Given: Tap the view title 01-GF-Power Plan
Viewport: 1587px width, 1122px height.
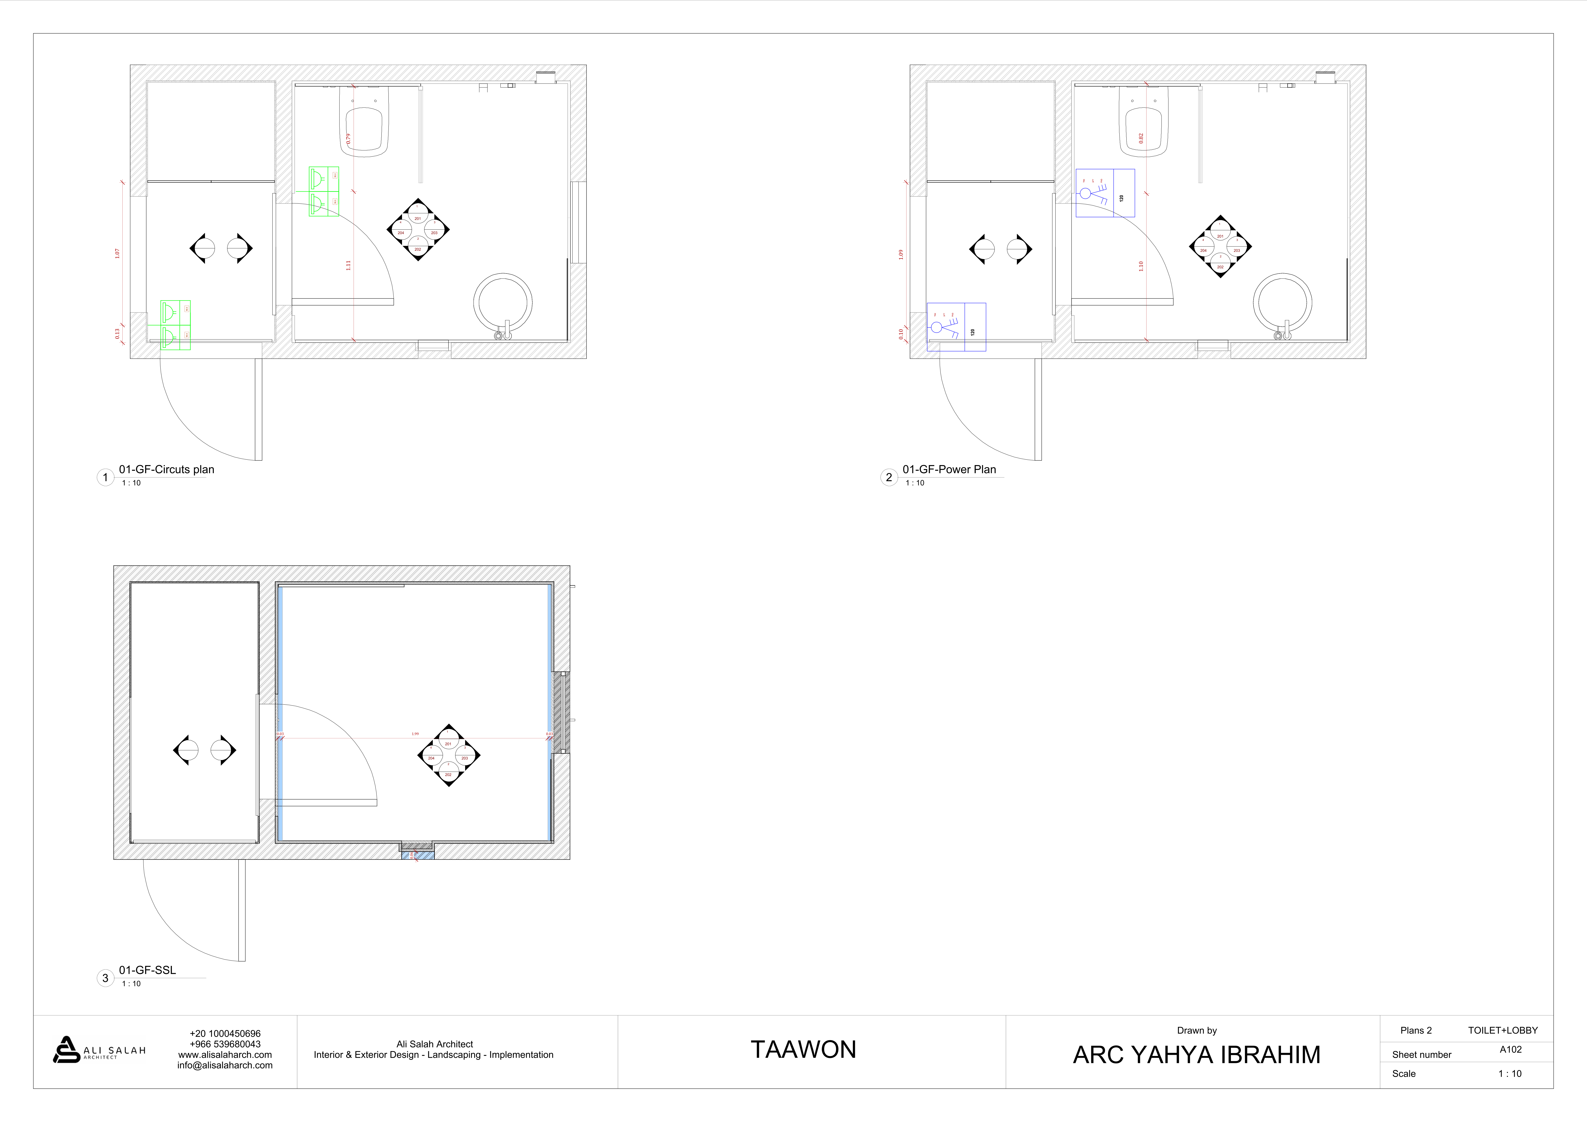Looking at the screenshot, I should click(949, 469).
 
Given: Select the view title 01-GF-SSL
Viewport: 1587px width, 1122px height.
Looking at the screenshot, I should click(147, 970).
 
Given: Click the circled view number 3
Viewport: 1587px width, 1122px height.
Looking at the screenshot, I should click(105, 977).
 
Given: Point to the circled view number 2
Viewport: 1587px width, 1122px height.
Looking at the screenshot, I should click(889, 477).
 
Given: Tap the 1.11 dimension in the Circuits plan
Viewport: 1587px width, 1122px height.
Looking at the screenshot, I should click(348, 265).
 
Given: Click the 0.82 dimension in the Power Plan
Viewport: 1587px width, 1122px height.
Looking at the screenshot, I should click(1141, 138).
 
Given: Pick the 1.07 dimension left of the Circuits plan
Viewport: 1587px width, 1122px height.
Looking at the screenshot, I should click(117, 254).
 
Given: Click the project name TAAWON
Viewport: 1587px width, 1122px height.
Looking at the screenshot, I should click(803, 1049).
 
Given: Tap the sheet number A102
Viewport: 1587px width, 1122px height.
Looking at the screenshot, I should click(1510, 1049).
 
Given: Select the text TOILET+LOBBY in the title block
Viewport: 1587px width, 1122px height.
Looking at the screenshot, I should click(1503, 1030).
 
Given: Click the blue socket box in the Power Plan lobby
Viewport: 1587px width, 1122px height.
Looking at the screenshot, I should click(956, 327).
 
